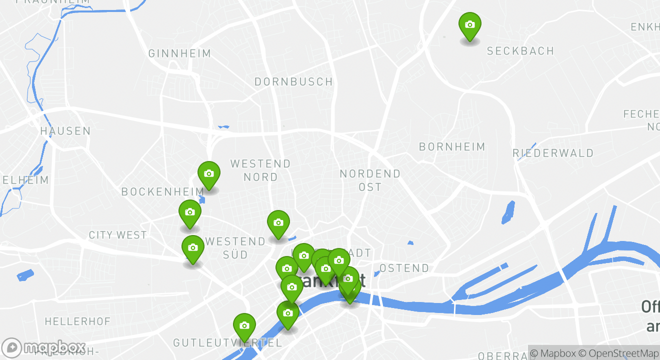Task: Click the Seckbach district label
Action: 520,51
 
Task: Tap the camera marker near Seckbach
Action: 469,25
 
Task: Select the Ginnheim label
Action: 179,53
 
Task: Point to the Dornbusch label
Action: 293,81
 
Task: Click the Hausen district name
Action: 65,131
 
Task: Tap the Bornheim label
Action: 452,146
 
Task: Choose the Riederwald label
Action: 553,153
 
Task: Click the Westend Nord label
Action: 260,170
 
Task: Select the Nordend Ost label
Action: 370,180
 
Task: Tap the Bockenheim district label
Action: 162,191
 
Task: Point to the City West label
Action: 117,235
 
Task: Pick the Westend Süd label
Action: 235,248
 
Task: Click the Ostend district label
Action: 404,268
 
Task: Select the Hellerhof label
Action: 77,321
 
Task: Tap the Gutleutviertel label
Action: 227,343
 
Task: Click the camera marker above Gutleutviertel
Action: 244,326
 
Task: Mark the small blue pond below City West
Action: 25,275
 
